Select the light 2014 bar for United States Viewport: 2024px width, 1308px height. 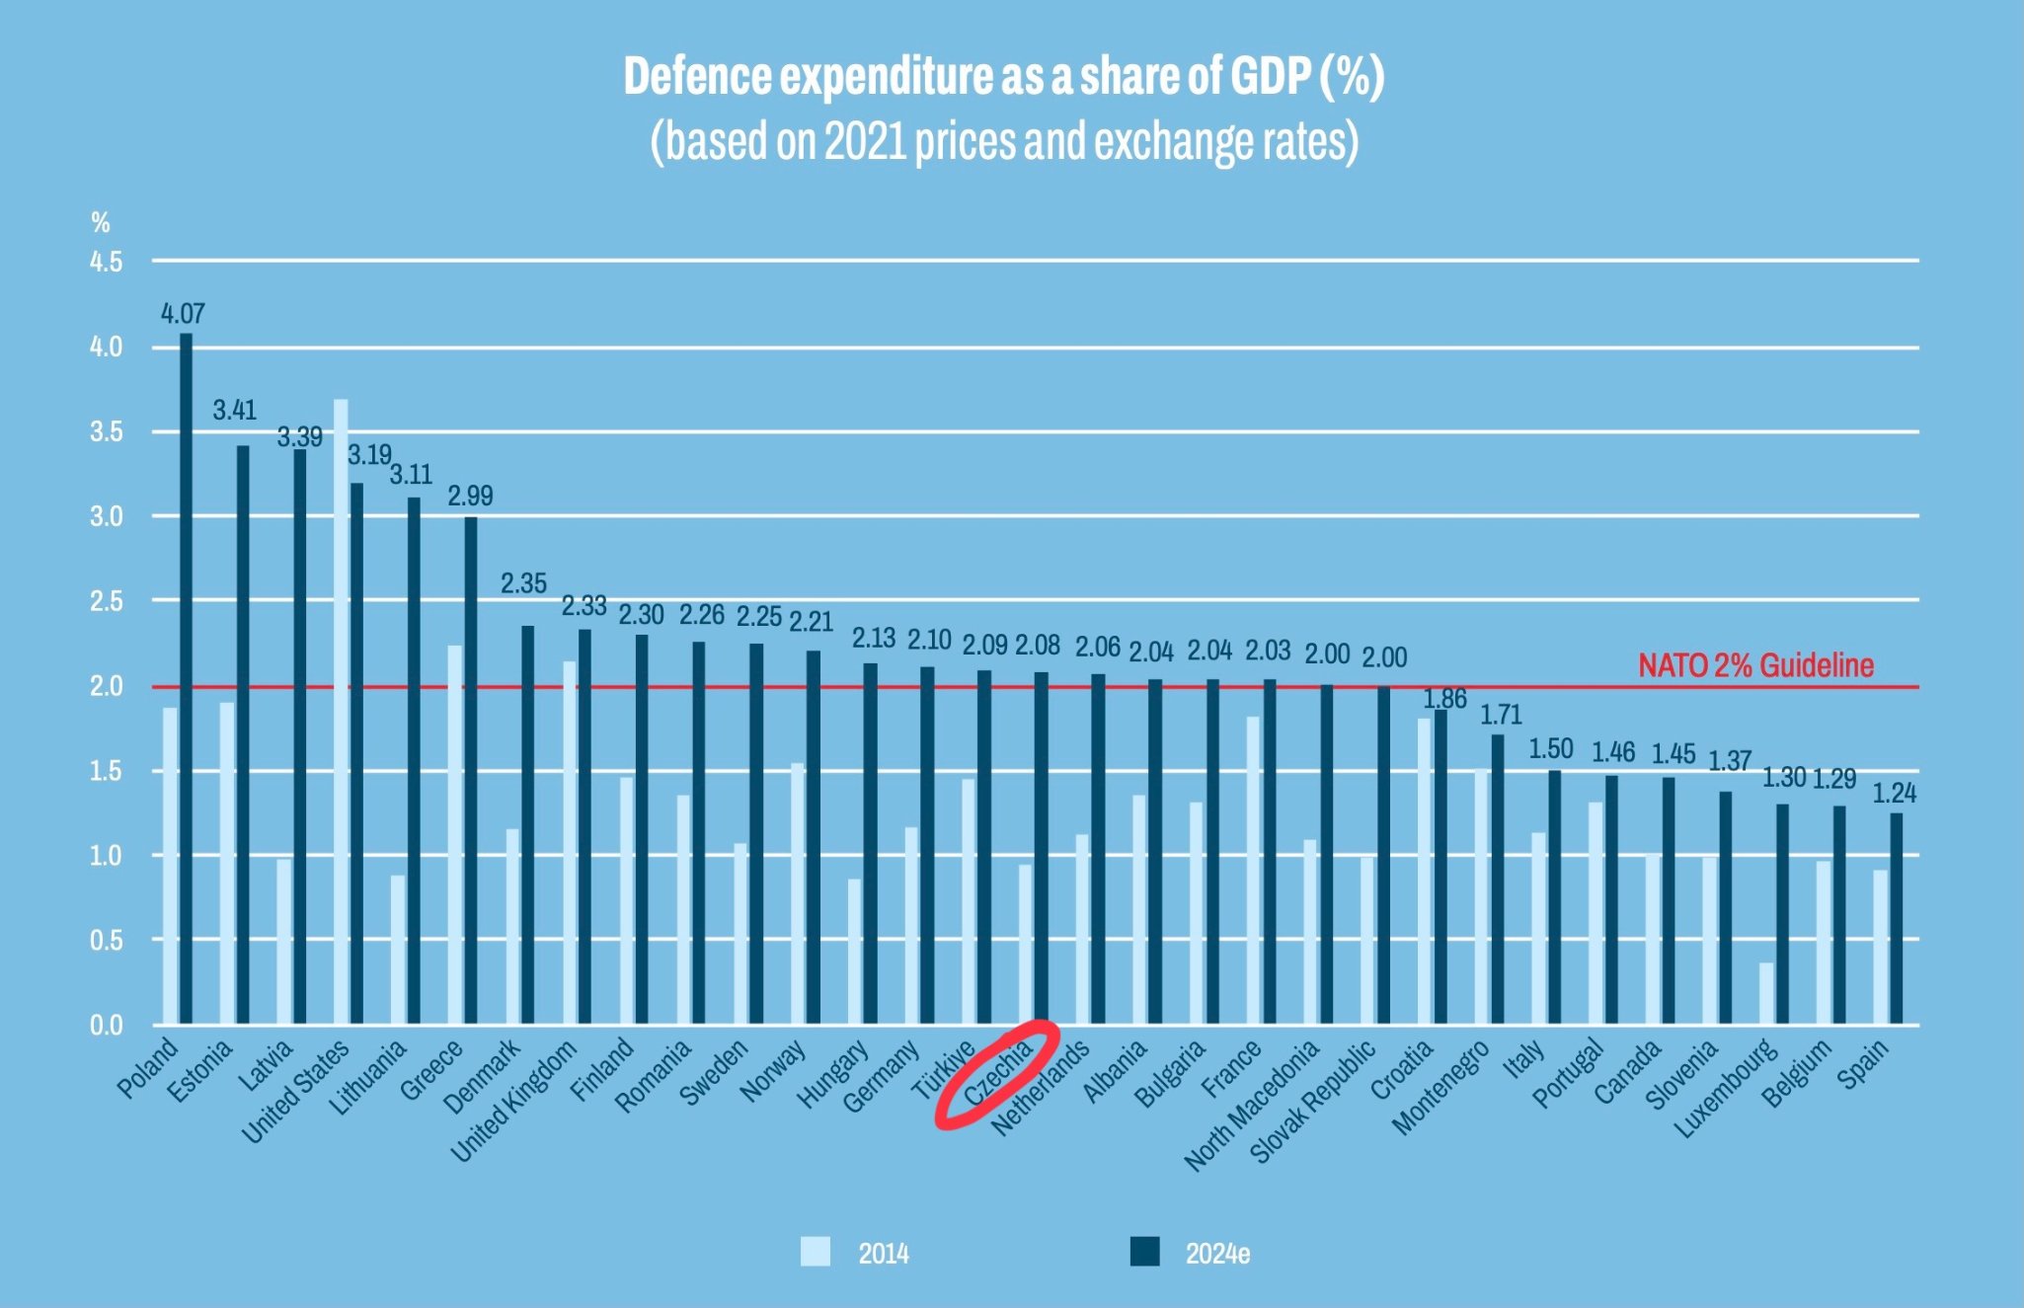point(341,711)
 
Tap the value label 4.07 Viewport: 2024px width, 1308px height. point(183,314)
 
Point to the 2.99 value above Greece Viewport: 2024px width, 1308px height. point(470,496)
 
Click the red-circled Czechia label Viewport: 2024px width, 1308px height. point(998,1073)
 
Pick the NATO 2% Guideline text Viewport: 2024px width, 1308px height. point(1755,665)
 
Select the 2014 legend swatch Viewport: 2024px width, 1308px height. point(816,1252)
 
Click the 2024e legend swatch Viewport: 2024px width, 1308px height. point(1145,1252)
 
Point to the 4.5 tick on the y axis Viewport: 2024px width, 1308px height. point(106,262)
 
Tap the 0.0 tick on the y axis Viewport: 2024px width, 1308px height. point(106,1025)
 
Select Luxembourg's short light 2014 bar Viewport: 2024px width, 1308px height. point(1766,993)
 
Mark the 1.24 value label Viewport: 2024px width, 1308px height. point(1894,793)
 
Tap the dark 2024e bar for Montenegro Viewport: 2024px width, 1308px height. point(1498,879)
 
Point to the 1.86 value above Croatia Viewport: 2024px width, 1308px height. point(1444,699)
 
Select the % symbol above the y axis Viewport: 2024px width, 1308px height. point(100,222)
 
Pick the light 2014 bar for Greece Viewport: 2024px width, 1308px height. point(455,834)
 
